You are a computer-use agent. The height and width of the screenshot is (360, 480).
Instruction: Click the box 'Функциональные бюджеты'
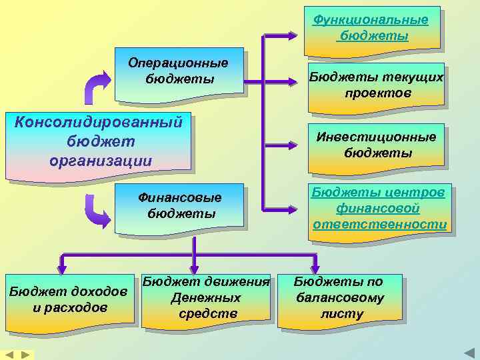tap(371, 29)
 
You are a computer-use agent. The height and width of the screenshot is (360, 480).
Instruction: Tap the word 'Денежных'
tap(206, 298)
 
